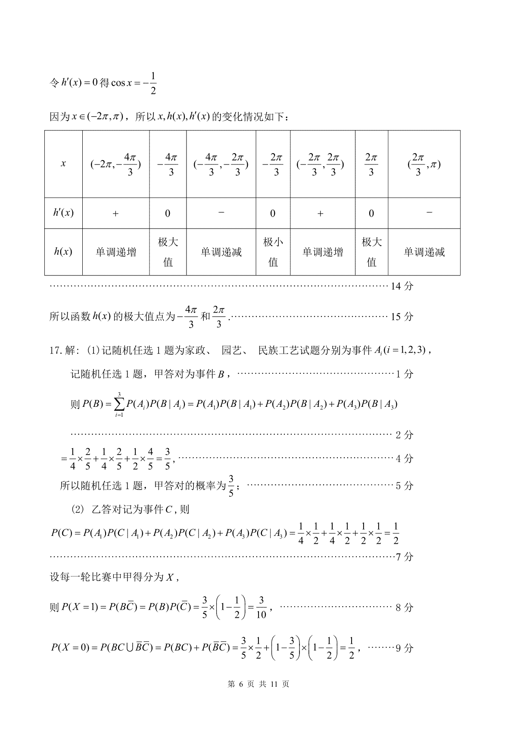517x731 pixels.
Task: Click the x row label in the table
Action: (63, 164)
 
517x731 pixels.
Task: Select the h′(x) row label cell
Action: (63, 213)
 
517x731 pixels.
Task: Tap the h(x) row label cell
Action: (63, 252)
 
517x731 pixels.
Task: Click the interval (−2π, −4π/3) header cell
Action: (115, 164)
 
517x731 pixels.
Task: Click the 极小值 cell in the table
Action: (273, 252)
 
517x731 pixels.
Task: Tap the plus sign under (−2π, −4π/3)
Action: (115, 213)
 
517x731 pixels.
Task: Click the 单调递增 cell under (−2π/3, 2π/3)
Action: (322, 252)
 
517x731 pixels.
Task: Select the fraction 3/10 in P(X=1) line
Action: (261, 607)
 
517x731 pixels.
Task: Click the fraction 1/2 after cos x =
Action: (153, 84)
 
